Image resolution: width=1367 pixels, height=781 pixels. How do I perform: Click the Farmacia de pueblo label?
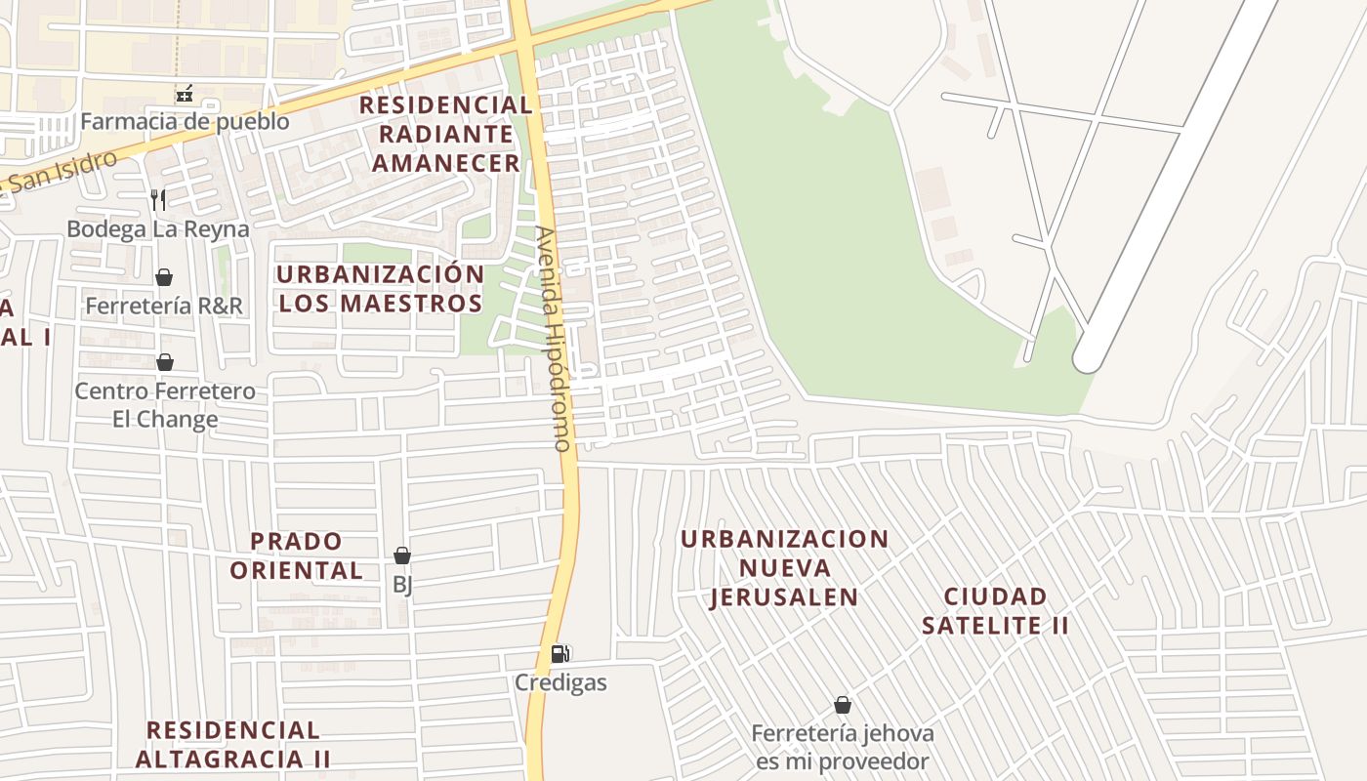coord(185,121)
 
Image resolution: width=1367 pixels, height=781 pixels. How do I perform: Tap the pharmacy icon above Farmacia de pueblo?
coord(184,95)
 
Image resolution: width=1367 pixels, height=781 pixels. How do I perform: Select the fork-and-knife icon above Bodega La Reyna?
coord(158,200)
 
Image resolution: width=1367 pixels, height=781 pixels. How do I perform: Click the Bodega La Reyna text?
coord(158,228)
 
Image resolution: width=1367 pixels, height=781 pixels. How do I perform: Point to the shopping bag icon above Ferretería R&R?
coord(164,278)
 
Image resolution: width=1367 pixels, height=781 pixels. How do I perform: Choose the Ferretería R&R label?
coord(164,306)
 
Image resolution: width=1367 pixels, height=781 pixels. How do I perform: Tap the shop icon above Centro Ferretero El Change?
coord(165,363)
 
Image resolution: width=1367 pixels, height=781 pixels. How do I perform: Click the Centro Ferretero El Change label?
coord(165,405)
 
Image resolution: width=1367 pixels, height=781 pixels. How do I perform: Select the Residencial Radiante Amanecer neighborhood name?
coord(446,134)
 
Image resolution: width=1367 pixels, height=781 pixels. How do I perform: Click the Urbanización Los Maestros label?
coord(381,289)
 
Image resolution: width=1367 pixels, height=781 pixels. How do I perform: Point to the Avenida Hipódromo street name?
coord(553,339)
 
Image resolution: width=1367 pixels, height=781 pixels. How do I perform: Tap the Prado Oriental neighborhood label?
coord(297,555)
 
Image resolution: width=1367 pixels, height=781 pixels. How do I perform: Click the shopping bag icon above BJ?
coord(402,555)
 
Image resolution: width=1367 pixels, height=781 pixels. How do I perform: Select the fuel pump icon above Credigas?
coord(560,654)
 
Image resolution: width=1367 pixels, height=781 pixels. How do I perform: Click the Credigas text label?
coord(560,682)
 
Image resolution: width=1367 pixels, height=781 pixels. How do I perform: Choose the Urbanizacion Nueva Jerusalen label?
coord(785,568)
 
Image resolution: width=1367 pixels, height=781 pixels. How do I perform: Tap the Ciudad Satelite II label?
coord(995,610)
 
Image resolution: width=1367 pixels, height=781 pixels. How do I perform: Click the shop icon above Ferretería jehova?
coord(842,705)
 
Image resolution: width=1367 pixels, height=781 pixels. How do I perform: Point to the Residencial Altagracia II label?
coord(233,744)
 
